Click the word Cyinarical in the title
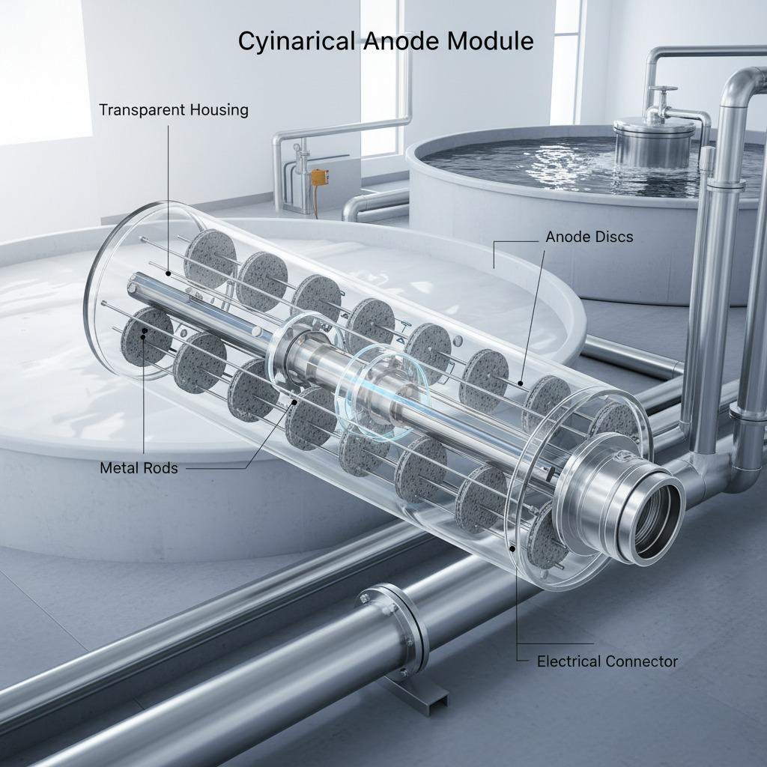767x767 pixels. click(297, 41)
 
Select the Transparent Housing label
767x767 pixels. click(174, 110)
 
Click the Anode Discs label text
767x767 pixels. click(589, 237)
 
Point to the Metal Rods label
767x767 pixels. click(139, 468)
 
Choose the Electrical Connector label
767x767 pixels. click(607, 661)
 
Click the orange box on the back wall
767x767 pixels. click(319, 177)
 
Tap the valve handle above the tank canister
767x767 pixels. click(662, 90)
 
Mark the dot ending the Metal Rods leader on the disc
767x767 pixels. click(144, 333)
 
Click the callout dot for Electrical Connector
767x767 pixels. click(512, 548)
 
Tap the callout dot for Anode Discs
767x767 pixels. click(521, 383)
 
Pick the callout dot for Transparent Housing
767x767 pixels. click(168, 273)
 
